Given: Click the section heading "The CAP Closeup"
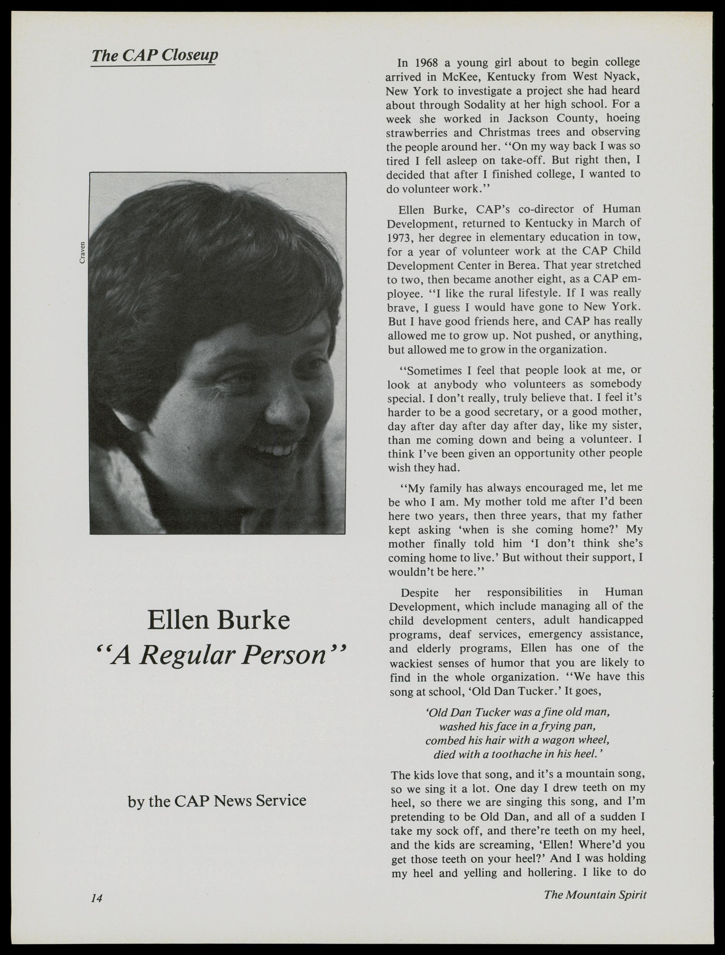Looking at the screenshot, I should coord(155,56).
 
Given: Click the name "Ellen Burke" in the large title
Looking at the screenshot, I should coord(218,620).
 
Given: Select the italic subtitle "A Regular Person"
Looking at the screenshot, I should coord(220,655).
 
